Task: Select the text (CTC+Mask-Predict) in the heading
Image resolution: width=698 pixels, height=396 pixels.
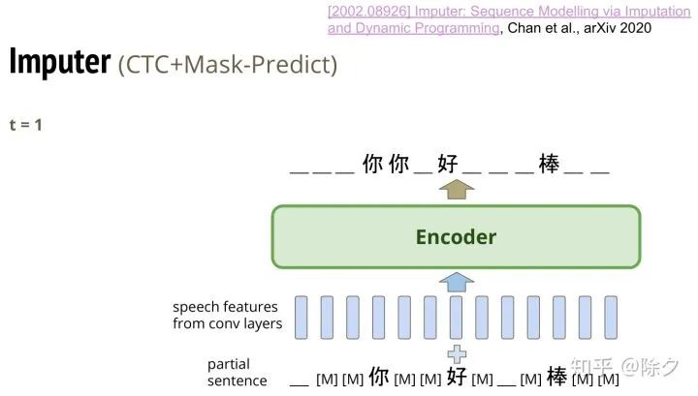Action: tap(228, 66)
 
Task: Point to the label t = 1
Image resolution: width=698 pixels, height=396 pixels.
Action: tap(25, 125)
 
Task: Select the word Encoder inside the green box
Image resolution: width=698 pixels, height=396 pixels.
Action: tap(456, 237)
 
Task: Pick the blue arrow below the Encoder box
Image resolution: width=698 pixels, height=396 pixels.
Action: tap(456, 282)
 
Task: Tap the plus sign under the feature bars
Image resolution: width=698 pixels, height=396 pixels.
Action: tap(456, 353)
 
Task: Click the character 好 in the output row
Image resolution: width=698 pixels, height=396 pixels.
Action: tap(447, 165)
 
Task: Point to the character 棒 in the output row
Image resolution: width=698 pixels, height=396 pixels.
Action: tap(549, 165)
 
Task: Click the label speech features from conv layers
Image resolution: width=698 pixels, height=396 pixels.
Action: tap(227, 316)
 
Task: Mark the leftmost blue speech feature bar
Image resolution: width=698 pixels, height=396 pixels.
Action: tap(301, 316)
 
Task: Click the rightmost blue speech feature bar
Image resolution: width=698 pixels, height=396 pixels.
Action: tap(612, 316)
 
